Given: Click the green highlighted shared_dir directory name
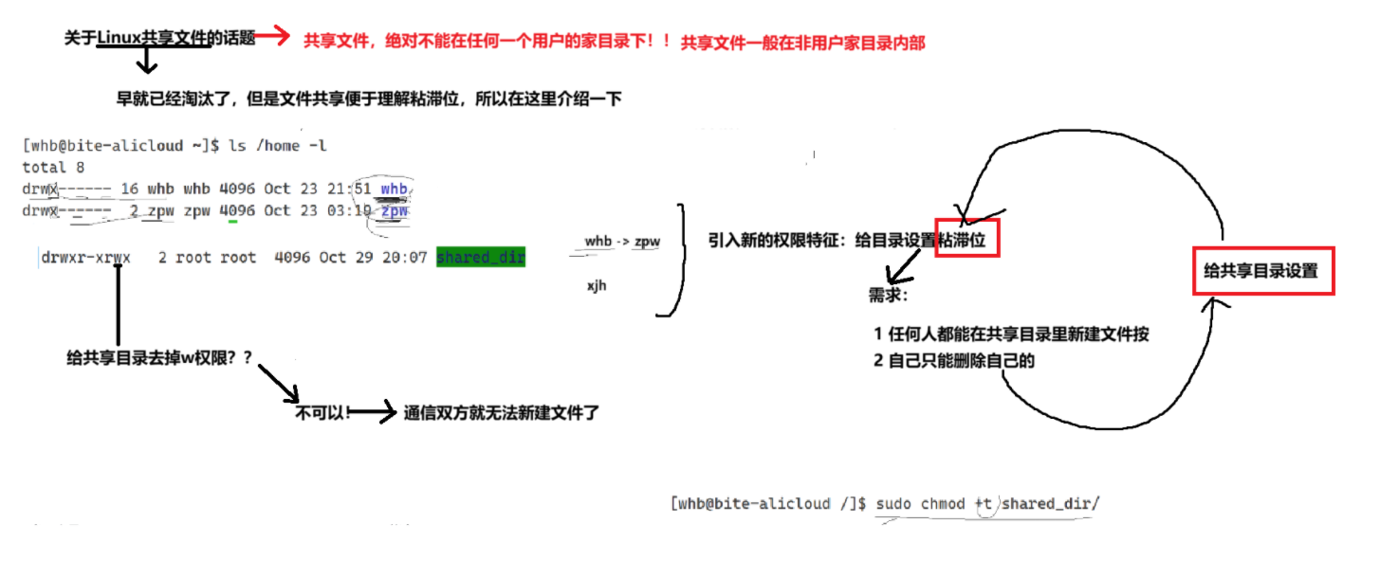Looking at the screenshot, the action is point(480,258).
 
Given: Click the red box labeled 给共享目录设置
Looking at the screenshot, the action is point(1262,271).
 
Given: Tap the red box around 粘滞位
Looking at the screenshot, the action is point(966,241).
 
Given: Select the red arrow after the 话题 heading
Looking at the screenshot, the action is point(271,36).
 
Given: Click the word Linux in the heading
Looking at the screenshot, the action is point(120,38).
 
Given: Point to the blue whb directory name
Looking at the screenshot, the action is point(394,189).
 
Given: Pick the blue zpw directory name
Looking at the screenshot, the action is point(394,210).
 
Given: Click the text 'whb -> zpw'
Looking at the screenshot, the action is point(621,242).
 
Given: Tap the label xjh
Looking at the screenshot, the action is point(597,284).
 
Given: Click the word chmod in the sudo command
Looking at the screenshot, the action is point(943,503).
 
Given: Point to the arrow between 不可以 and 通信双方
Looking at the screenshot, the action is point(374,412).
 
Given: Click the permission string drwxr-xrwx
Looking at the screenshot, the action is point(86,258).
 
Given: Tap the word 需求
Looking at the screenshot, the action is point(888,295).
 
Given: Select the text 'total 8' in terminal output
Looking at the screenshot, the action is point(53,167).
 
